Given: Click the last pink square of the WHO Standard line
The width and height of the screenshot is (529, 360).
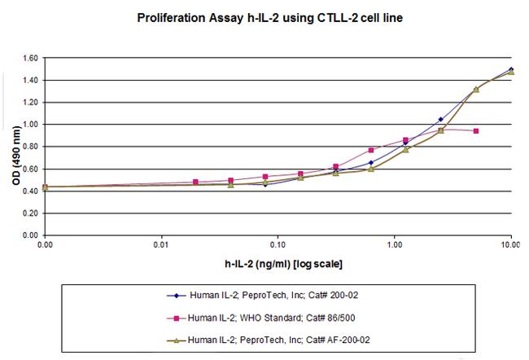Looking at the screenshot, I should tap(475, 131).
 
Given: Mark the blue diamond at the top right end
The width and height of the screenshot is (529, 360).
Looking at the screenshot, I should tap(510, 69).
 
